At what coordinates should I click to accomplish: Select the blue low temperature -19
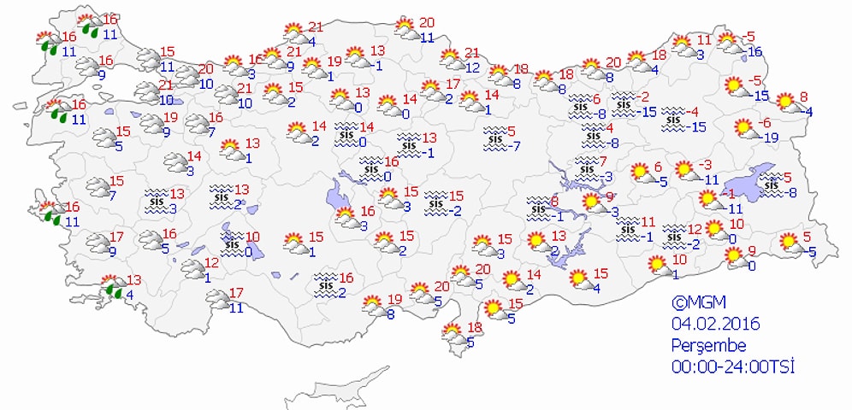click(771, 138)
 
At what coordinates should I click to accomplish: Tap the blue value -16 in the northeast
click(754, 51)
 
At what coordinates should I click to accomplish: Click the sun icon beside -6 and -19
click(744, 129)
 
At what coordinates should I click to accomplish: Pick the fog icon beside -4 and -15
click(675, 120)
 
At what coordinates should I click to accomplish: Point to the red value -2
click(642, 97)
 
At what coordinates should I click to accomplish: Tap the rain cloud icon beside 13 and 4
click(110, 287)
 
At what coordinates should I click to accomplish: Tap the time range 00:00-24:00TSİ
click(733, 366)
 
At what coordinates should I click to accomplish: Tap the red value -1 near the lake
click(731, 192)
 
